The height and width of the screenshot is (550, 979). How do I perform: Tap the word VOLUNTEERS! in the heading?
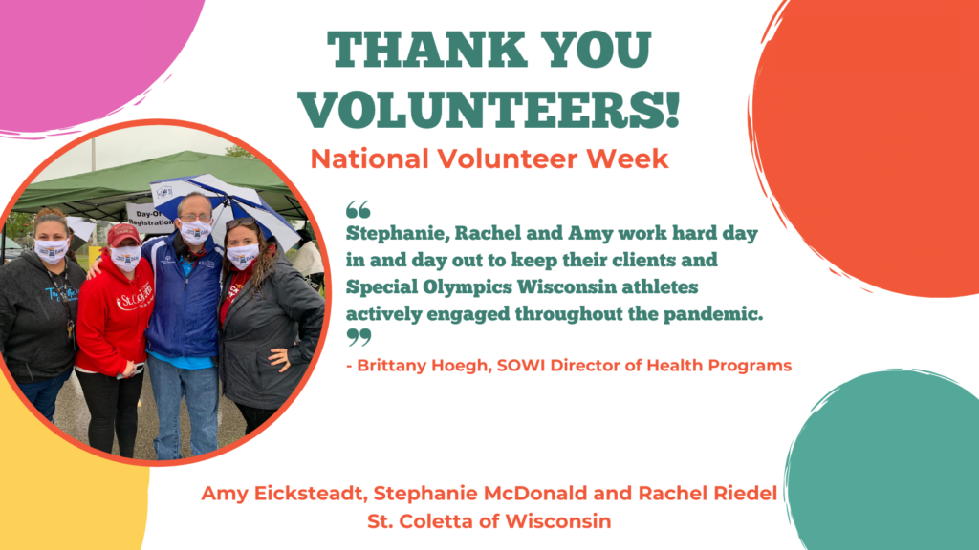489,110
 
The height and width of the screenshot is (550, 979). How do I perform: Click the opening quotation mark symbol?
359,209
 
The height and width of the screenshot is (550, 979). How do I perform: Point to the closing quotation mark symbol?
359,337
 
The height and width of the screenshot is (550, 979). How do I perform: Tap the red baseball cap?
123,235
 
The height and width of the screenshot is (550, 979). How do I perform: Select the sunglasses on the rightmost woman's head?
240,222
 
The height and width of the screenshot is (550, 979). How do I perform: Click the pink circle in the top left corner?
94,59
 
